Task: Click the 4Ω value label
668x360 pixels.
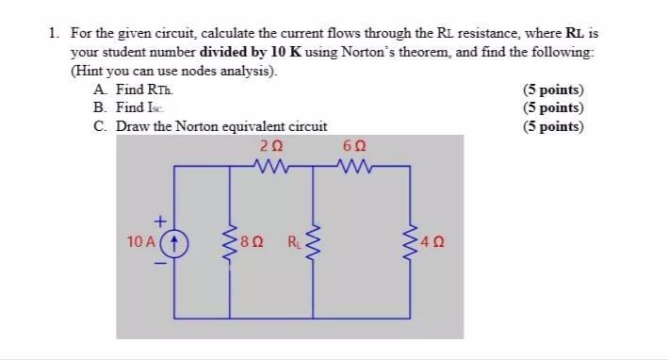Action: click(433, 242)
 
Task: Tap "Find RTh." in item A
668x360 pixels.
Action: click(144, 90)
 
